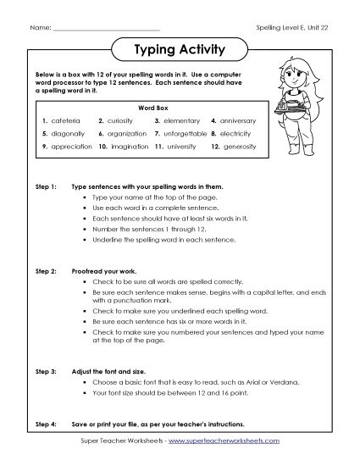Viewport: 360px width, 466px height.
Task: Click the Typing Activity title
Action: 180,49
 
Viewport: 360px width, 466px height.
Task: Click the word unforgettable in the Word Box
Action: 186,134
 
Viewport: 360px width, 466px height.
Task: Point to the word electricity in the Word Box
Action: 237,134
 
